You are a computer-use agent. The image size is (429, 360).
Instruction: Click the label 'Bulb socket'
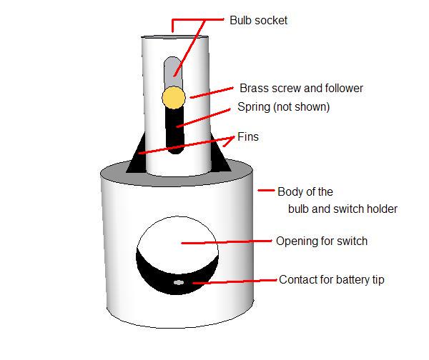(258, 21)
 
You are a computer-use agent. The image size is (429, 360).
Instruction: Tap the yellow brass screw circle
(173, 96)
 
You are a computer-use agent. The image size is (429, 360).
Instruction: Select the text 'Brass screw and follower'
(301, 89)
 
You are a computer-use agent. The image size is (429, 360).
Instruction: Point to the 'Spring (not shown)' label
(283, 107)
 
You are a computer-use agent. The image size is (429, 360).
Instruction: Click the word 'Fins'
(248, 137)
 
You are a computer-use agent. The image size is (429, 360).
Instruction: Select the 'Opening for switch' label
(322, 241)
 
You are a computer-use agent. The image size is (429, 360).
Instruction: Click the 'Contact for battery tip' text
(332, 279)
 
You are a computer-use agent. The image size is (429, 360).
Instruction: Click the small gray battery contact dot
(179, 283)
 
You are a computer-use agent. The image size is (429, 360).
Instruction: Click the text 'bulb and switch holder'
(342, 209)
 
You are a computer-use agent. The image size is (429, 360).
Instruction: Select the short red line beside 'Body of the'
(266, 191)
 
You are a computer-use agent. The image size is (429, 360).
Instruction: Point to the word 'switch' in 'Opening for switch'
(351, 241)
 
